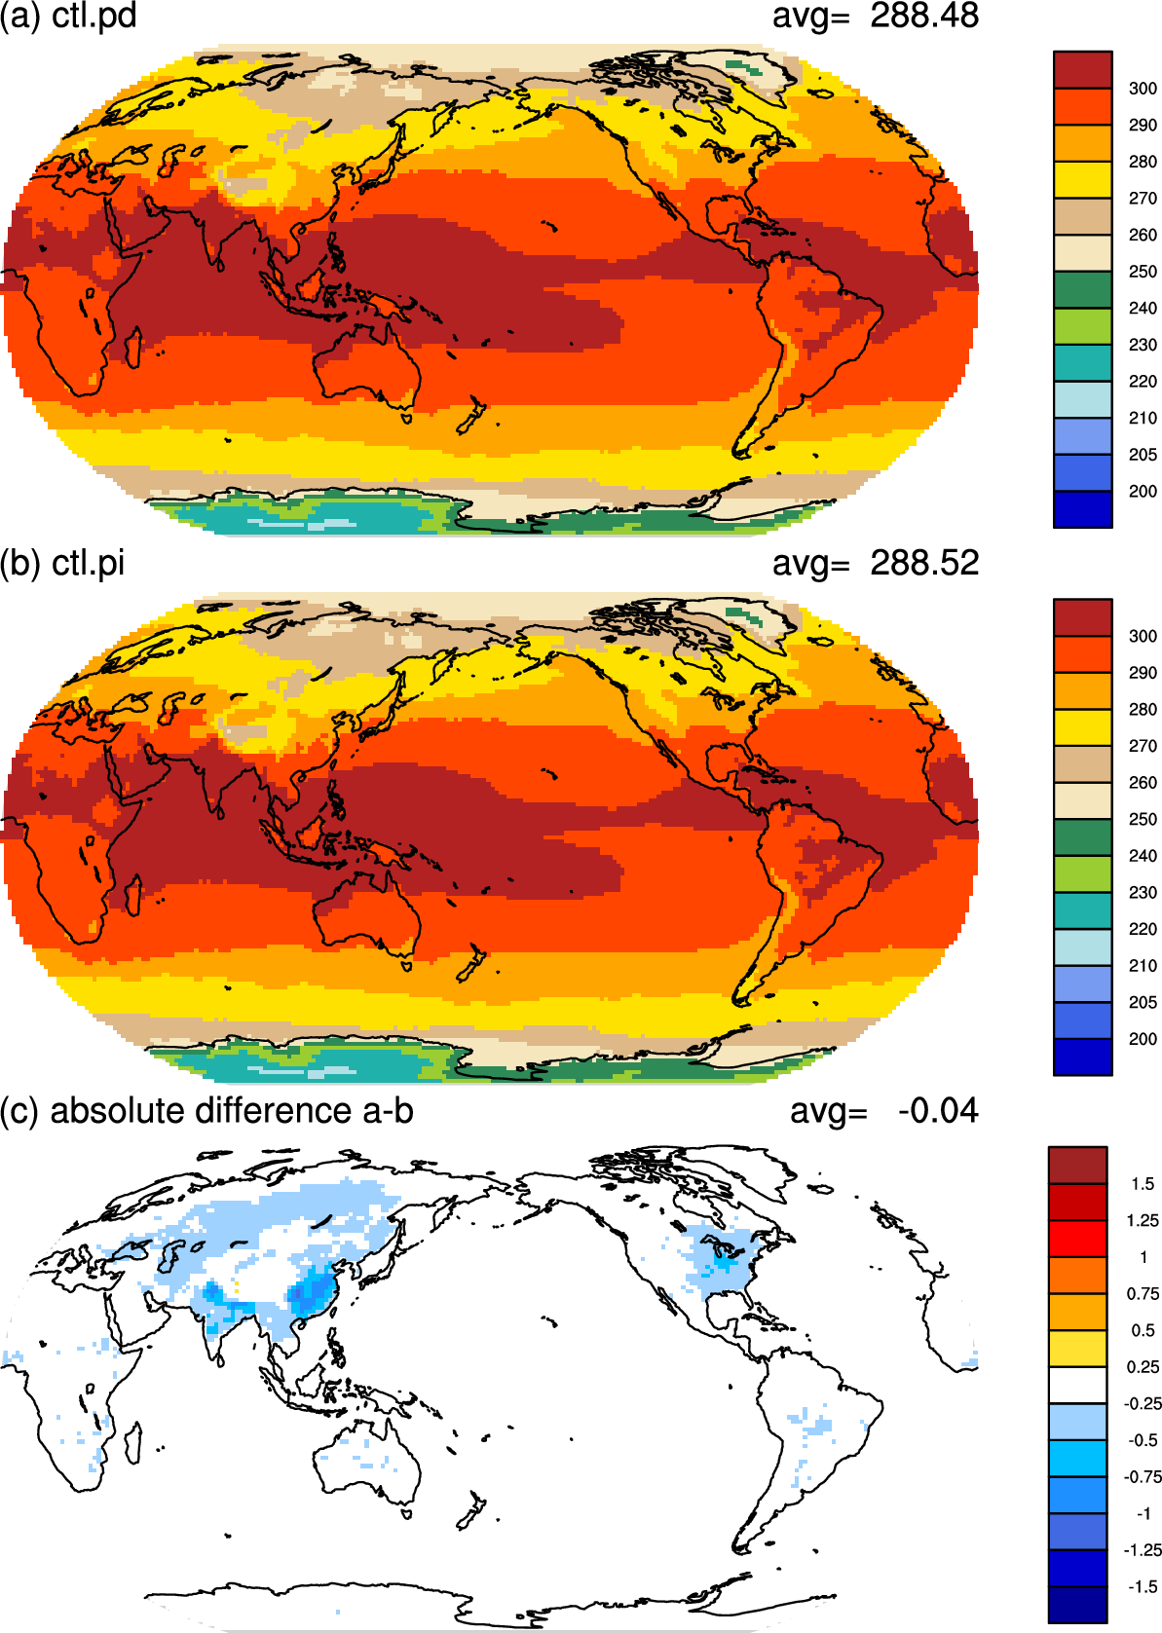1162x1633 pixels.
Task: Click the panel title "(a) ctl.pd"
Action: (x=68, y=16)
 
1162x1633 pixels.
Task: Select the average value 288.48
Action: (x=924, y=16)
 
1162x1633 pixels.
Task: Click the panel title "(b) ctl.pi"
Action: (x=62, y=564)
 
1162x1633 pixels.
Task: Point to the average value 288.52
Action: (x=924, y=563)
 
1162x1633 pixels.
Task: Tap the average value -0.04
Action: (x=938, y=1111)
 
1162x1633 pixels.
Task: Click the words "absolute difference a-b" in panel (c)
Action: (x=232, y=1111)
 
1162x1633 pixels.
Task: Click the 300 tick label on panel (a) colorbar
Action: (x=1143, y=89)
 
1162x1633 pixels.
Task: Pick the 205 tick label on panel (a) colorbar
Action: (x=1143, y=455)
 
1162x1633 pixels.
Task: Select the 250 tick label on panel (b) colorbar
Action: (x=1143, y=819)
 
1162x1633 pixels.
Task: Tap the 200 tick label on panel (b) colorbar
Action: (x=1143, y=1039)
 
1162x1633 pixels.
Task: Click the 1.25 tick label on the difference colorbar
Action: (x=1143, y=1220)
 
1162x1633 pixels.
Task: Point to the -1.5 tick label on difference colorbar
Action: (x=1143, y=1586)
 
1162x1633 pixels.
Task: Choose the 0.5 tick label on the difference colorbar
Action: (x=1143, y=1330)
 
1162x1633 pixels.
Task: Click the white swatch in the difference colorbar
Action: (x=1077, y=1385)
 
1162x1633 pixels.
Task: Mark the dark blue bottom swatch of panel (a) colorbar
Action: (x=1082, y=509)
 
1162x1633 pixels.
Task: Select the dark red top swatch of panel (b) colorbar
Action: (x=1082, y=617)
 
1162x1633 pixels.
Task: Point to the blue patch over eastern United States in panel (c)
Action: (x=722, y=1255)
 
